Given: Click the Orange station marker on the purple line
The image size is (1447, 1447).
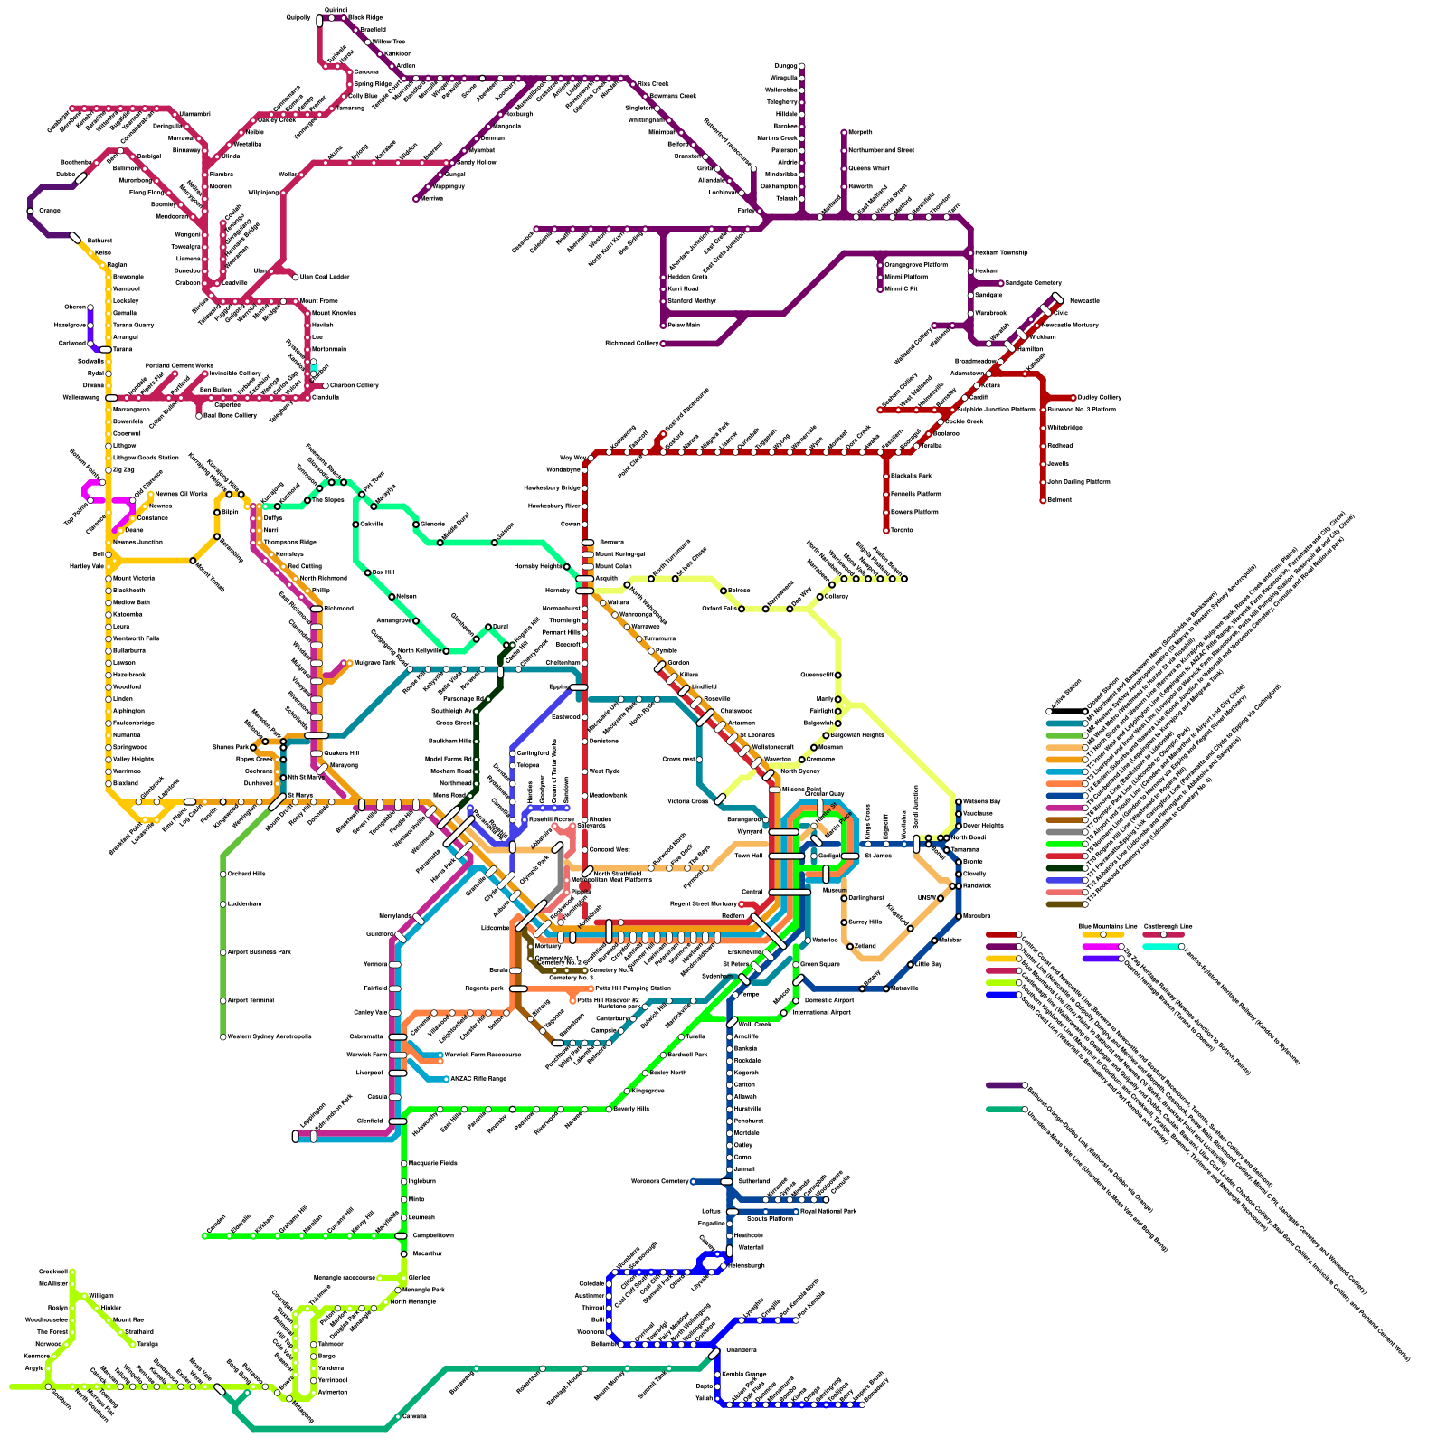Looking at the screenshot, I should (31, 211).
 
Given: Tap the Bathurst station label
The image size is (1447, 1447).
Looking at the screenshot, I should (99, 241).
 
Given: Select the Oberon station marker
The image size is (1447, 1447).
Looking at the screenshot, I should (90, 307).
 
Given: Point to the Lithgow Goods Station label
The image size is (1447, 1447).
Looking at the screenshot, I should (146, 458).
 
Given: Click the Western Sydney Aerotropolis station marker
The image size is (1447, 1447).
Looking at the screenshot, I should (223, 1036).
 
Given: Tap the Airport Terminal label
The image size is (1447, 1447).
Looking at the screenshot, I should (250, 1000).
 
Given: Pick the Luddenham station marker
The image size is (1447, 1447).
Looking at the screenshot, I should (223, 904).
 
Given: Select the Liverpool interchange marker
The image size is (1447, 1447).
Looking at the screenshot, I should (398, 1073).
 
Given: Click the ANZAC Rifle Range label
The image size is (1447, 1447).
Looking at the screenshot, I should (478, 1079).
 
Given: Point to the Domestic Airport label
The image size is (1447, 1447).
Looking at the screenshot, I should (829, 1000).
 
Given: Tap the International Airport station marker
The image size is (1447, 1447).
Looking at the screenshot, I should (784, 1013).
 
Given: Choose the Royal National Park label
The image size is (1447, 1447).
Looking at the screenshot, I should (828, 1211).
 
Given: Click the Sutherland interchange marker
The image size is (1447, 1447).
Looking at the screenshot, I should (727, 1181).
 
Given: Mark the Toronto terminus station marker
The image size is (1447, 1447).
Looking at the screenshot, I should (886, 530).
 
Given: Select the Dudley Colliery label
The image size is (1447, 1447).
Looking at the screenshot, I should (1100, 397).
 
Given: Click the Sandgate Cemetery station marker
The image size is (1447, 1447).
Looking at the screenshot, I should (1001, 283).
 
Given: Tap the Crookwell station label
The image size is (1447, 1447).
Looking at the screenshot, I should (53, 1272).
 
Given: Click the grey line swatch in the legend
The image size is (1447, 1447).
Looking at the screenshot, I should (1065, 832).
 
